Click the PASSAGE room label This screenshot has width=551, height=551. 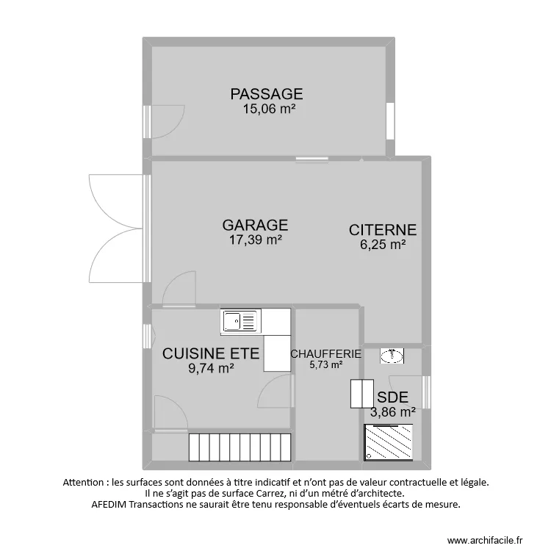267,94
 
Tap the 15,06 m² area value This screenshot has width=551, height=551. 269,109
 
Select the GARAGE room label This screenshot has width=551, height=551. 255,225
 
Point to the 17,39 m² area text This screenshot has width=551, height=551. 253,240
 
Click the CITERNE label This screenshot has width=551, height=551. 383,230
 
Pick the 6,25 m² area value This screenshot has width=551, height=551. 383,245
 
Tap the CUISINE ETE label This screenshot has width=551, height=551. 211,353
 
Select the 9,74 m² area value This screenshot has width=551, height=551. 212,369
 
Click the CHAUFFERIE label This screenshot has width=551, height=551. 325,353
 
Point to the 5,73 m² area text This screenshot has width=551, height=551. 325,364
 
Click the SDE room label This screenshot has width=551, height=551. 392,397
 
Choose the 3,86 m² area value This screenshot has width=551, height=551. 393,412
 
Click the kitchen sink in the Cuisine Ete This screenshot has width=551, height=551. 241,321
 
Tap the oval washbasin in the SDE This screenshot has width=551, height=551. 392,356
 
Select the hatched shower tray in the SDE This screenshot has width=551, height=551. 392,442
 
